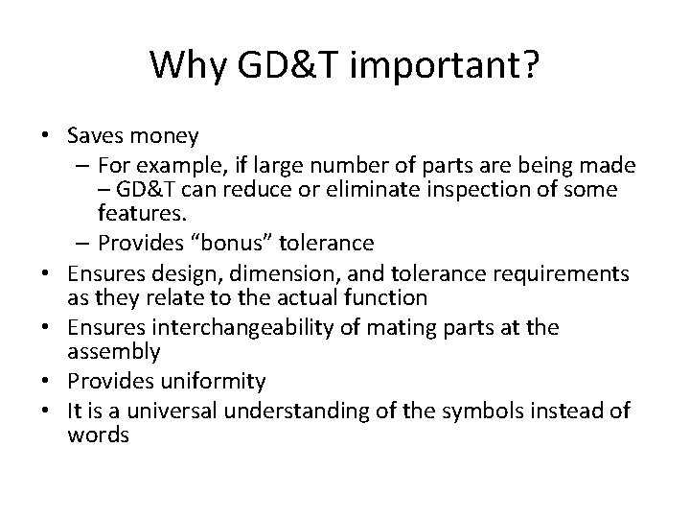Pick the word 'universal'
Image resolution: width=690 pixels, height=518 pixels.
[172, 412]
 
